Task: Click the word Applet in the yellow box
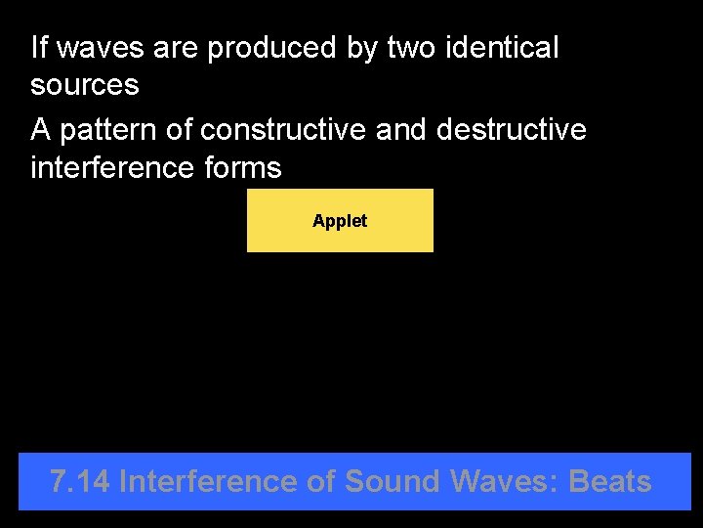coord(340,221)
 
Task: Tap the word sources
coord(85,85)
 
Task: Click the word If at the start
coord(38,47)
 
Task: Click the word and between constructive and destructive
coord(402,129)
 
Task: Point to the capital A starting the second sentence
coord(40,129)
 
